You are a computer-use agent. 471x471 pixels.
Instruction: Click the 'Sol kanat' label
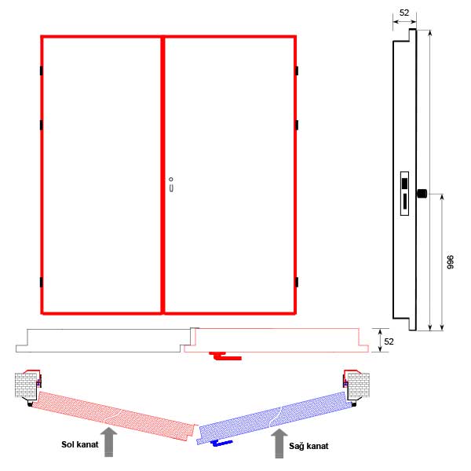79,444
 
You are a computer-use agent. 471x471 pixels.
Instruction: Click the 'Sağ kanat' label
309,446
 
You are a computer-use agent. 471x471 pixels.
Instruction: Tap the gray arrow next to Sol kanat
109,443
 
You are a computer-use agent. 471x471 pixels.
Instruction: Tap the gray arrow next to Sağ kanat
279,444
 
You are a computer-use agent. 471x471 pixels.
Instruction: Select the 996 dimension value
450,262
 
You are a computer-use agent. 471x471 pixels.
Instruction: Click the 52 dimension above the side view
404,13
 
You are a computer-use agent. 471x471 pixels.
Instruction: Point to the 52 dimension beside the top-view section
389,341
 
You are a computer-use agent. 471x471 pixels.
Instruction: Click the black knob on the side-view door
422,193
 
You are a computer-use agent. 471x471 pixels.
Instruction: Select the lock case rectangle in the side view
404,193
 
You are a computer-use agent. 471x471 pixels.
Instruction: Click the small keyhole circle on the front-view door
171,179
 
